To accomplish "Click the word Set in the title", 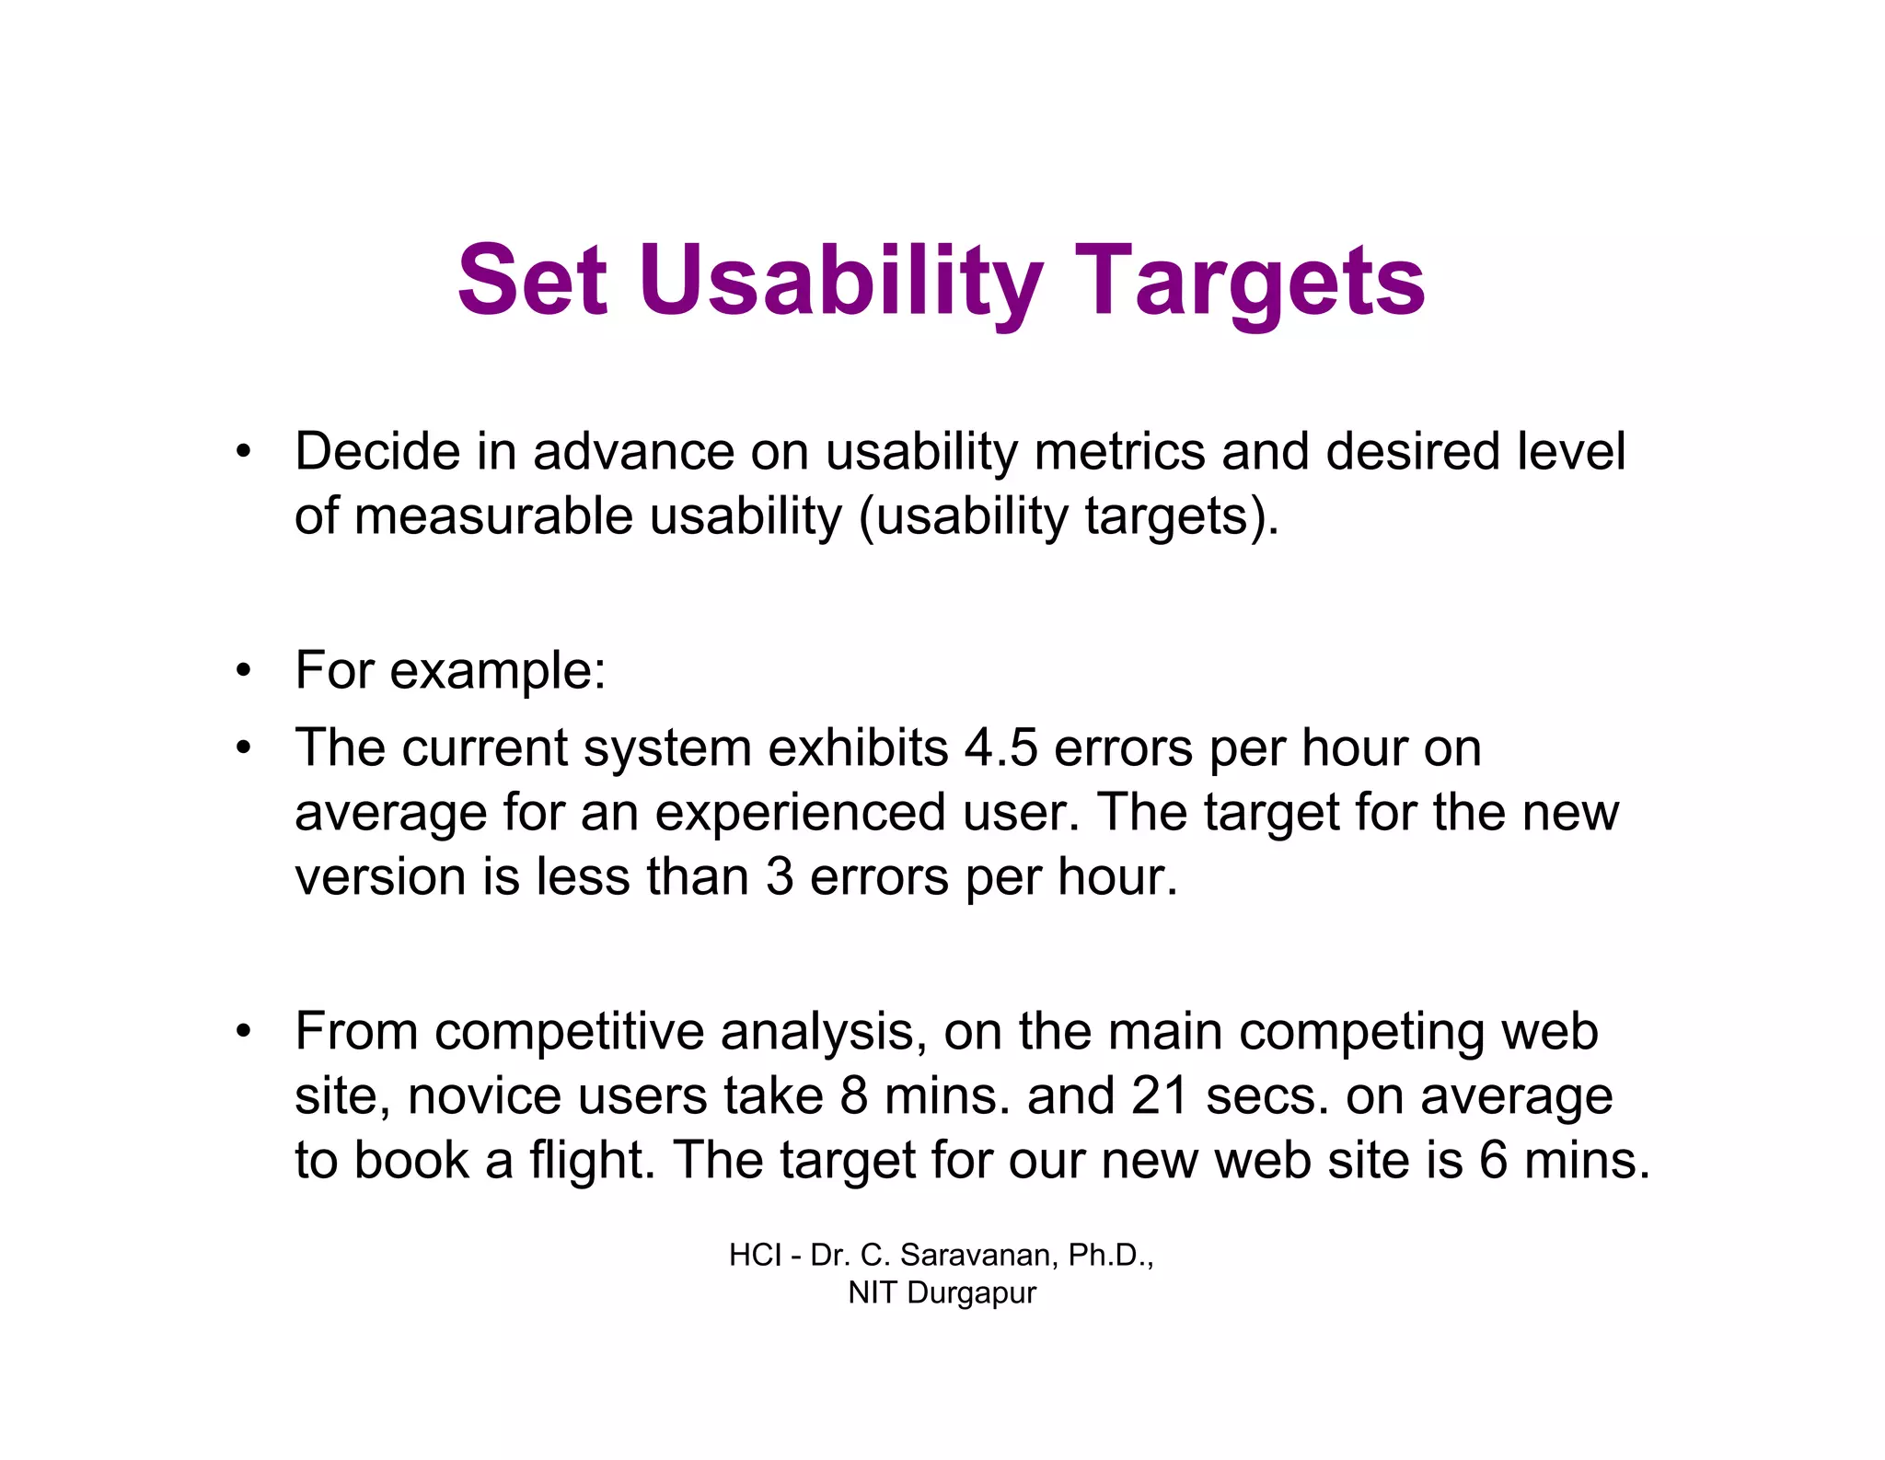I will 533,281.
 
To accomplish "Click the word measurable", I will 493,516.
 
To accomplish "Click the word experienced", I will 800,813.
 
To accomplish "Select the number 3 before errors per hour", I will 779,877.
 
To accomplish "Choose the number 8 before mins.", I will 853,1096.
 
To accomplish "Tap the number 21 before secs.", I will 1159,1096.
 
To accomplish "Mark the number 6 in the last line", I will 1493,1160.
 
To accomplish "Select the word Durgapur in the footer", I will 971,1293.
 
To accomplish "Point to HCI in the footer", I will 755,1256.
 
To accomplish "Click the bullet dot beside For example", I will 243,671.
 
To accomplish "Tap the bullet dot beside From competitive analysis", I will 243,1032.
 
